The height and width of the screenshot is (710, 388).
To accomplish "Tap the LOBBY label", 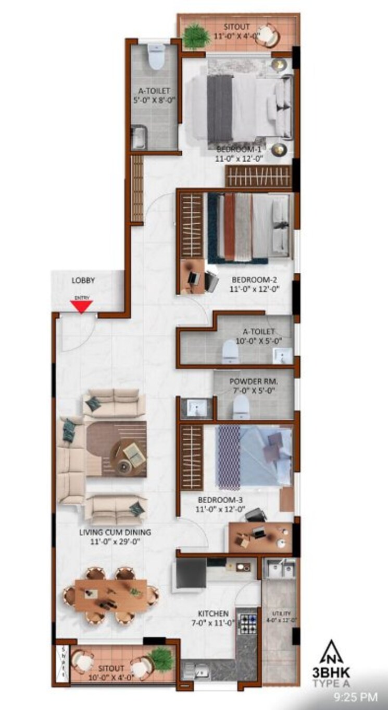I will tap(83, 281).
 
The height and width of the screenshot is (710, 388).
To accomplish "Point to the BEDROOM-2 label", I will tap(251, 279).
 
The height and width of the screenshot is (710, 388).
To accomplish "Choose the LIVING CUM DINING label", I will tap(115, 532).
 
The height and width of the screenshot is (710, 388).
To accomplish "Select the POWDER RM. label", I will tap(254, 381).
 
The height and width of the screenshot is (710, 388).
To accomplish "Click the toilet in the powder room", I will tap(240, 405).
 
